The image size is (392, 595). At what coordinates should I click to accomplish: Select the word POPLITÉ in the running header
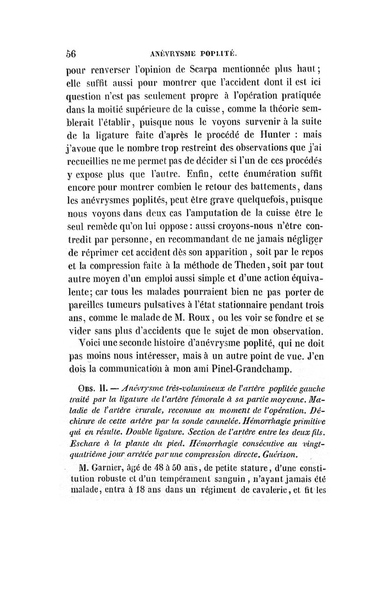pos(219,55)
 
